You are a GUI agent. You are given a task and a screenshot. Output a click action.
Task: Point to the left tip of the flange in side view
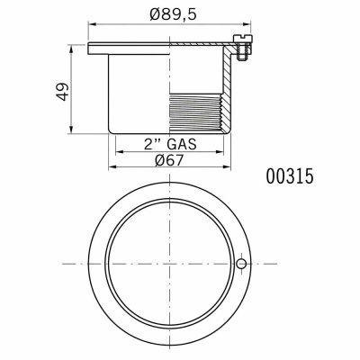91,44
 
